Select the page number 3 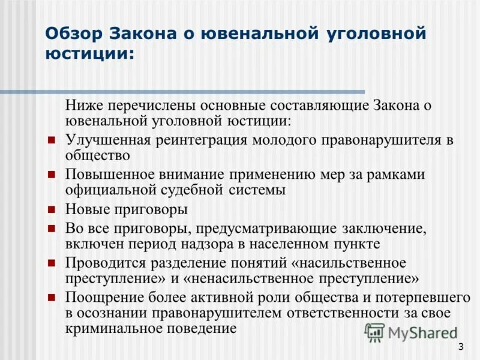coord(460,346)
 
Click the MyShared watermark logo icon coord(374,332)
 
